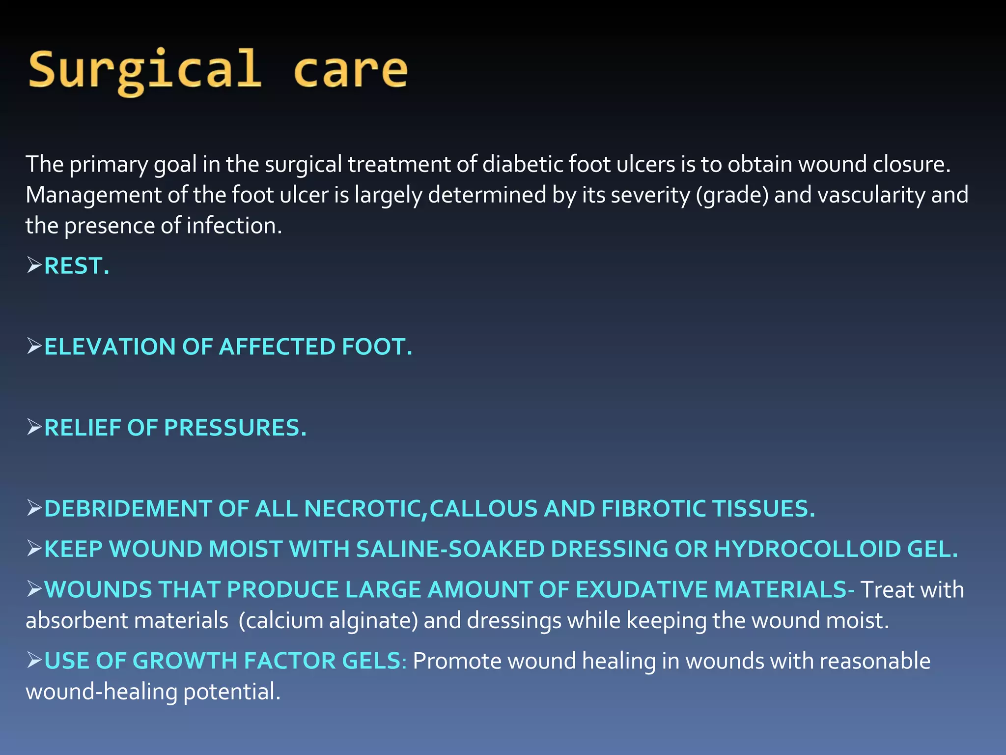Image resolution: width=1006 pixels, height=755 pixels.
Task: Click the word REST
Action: point(77,266)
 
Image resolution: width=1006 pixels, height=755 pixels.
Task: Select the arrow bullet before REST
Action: point(34,265)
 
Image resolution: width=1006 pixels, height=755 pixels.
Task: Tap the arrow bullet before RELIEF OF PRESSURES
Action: point(34,427)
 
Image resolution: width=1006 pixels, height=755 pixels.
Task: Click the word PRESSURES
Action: point(235,428)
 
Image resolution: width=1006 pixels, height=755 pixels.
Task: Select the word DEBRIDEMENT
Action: point(128,509)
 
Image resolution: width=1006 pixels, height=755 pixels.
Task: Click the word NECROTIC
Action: point(364,509)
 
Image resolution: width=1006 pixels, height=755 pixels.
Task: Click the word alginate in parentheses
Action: point(373,621)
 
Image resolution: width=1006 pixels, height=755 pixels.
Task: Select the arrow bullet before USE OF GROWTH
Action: point(34,660)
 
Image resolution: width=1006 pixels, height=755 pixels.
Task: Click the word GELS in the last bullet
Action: point(373,661)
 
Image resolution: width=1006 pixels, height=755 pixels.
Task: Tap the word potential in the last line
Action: point(231,692)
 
